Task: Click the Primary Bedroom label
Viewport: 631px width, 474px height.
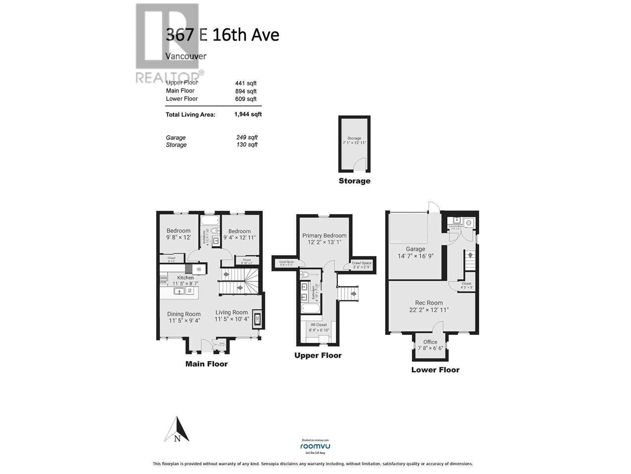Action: (x=324, y=235)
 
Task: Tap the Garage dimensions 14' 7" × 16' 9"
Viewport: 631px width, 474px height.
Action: (x=415, y=256)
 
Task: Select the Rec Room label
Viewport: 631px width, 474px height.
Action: (x=429, y=303)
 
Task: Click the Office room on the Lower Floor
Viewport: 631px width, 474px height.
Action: (x=430, y=345)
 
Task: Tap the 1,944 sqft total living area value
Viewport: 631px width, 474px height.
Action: (x=248, y=114)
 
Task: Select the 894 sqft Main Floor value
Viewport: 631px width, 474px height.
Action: (x=246, y=91)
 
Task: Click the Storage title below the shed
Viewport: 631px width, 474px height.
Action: (x=355, y=181)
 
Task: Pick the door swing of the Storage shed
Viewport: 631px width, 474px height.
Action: (x=360, y=165)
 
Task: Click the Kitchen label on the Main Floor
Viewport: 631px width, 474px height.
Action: (x=185, y=278)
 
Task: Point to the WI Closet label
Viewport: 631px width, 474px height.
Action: (x=319, y=325)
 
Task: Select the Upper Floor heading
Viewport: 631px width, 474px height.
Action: (x=318, y=355)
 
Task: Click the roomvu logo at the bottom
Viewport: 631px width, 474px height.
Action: (x=315, y=446)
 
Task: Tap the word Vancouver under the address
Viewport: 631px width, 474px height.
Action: (x=186, y=56)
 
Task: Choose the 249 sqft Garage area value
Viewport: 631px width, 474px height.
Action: (x=246, y=137)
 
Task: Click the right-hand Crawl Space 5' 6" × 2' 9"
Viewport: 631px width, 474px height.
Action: (x=362, y=265)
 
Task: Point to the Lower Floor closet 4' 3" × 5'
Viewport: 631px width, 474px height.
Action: (x=466, y=285)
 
